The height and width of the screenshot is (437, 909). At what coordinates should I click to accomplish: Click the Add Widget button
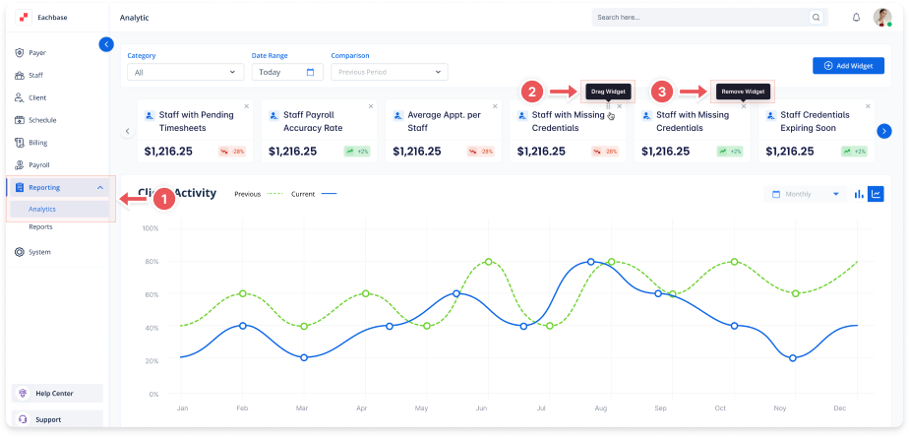[842, 66]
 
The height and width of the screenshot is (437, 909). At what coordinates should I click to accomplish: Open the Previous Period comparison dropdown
[389, 72]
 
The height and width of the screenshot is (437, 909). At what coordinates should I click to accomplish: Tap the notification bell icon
[856, 18]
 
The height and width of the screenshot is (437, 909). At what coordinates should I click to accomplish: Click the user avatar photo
[882, 18]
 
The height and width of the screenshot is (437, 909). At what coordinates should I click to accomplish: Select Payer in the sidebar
[37, 52]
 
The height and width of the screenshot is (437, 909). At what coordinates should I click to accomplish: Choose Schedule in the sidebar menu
[42, 120]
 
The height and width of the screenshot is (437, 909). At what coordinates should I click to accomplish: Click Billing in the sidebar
[37, 143]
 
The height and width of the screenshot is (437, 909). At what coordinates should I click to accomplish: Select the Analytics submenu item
[42, 209]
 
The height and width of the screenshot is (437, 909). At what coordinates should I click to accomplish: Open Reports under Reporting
[40, 226]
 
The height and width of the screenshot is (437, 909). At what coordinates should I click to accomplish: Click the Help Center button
[55, 393]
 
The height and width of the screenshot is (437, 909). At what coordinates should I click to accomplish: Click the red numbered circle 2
[531, 92]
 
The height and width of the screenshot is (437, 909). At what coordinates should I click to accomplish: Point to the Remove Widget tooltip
[743, 92]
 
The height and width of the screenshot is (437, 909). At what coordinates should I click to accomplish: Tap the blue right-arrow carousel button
[883, 131]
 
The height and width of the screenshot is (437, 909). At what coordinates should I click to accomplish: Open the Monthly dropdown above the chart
[806, 194]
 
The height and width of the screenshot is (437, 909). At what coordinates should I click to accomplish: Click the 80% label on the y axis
[151, 262]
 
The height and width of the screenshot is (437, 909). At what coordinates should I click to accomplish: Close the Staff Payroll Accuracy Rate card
[371, 106]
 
